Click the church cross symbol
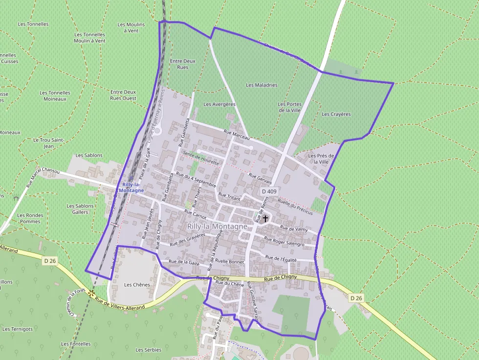[x=265, y=218]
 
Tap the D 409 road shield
[x=269, y=191]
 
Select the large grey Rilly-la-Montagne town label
[x=217, y=227]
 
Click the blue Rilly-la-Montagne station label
[x=133, y=188]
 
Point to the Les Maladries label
[x=261, y=85]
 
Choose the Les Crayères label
[x=336, y=114]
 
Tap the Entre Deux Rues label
[x=182, y=64]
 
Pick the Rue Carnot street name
[x=196, y=214]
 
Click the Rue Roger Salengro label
[x=284, y=241]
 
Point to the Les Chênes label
[x=137, y=285]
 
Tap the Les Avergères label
[x=219, y=104]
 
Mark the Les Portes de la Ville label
[x=290, y=107]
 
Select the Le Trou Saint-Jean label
[x=49, y=143]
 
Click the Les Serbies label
[x=149, y=350]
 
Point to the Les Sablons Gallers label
[x=80, y=209]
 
